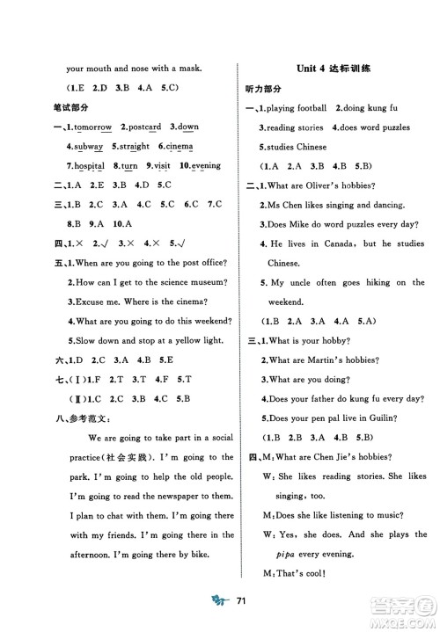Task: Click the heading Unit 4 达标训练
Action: click(333, 69)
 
